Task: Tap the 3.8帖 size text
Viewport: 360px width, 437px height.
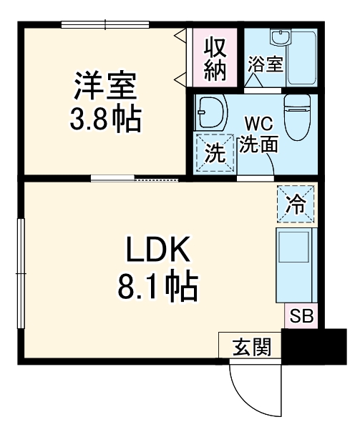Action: click(105, 118)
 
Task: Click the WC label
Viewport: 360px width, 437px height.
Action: click(256, 123)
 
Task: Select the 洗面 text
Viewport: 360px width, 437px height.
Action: click(258, 144)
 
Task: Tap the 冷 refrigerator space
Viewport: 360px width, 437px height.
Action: click(294, 205)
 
